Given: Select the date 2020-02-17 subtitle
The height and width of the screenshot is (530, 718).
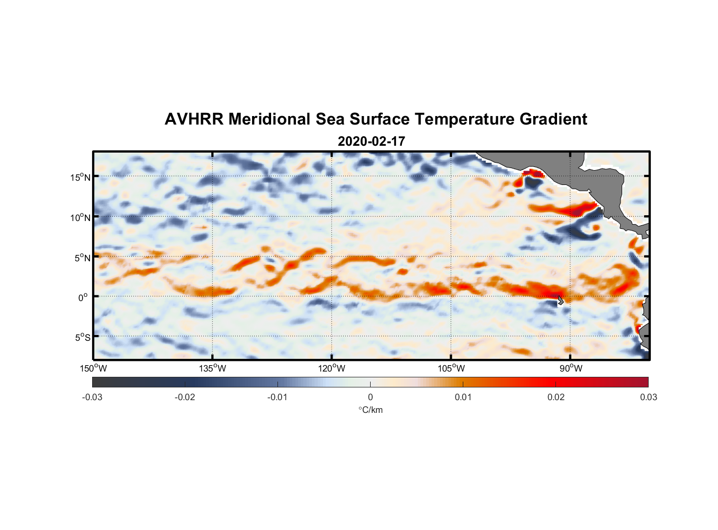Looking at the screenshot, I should click(x=371, y=142).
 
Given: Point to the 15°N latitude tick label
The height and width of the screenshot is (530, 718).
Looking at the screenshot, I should click(x=80, y=177).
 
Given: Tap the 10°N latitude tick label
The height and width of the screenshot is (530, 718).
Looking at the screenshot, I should click(x=80, y=217).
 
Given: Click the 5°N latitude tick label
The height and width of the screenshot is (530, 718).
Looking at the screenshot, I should click(x=82, y=258).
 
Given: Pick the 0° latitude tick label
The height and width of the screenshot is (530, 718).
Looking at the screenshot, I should click(x=83, y=297).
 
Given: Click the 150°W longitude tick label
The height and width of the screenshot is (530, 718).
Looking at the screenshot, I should click(x=93, y=368).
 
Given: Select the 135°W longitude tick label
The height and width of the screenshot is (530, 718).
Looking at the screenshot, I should click(x=213, y=368).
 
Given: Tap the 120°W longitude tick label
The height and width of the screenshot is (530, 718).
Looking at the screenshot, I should click(x=332, y=368).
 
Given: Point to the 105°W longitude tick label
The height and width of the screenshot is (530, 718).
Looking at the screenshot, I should click(x=451, y=368).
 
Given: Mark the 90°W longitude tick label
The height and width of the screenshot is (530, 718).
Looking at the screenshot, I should click(x=571, y=368).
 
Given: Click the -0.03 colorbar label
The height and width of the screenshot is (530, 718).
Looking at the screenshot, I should click(x=92, y=397).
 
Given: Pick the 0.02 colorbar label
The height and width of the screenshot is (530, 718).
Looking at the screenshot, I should click(x=555, y=397).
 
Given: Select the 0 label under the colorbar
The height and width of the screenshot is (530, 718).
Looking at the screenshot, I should click(x=370, y=397).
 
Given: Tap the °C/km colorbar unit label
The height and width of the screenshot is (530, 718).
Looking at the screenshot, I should click(x=370, y=410).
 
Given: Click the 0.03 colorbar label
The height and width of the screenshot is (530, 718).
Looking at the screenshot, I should click(x=648, y=397).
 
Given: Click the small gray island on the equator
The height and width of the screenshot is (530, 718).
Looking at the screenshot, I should click(x=560, y=300).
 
